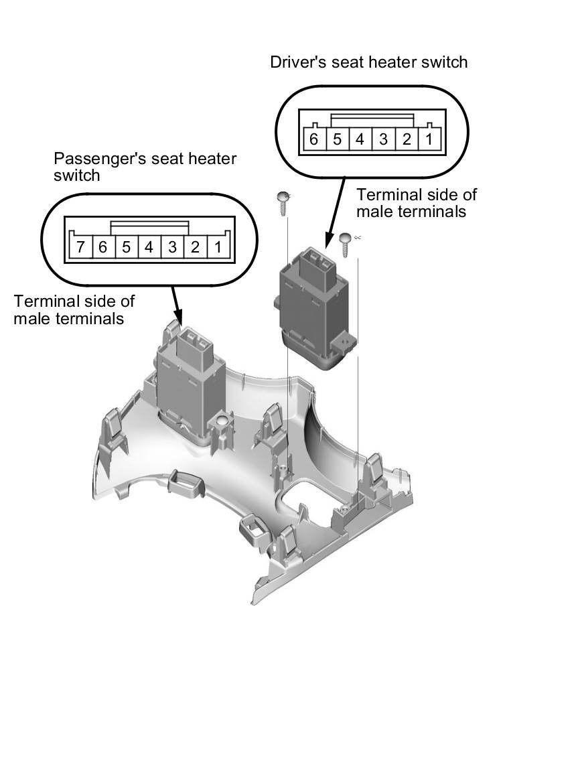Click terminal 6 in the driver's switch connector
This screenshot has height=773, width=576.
pyautogui.click(x=313, y=139)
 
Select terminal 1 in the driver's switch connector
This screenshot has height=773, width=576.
pyautogui.click(x=429, y=139)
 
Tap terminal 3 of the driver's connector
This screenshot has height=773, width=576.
pyautogui.click(x=383, y=139)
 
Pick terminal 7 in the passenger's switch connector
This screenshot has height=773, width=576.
pyautogui.click(x=80, y=247)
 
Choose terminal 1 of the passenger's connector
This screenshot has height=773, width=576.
pyautogui.click(x=218, y=247)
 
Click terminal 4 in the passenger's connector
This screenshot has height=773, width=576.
pyautogui.click(x=149, y=247)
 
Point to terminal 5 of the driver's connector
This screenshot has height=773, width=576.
pyautogui.click(x=337, y=139)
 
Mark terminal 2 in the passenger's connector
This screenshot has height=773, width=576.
pyautogui.click(x=195, y=247)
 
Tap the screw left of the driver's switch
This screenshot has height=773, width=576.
pyautogui.click(x=282, y=202)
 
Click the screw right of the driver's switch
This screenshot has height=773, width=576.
pyautogui.click(x=346, y=244)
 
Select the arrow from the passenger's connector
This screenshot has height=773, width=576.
pyautogui.click(x=177, y=305)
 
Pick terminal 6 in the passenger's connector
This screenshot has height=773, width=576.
pyautogui.click(x=103, y=247)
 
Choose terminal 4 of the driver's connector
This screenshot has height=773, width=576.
pyautogui.click(x=360, y=139)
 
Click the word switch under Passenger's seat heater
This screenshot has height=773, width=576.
pyautogui.click(x=76, y=175)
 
